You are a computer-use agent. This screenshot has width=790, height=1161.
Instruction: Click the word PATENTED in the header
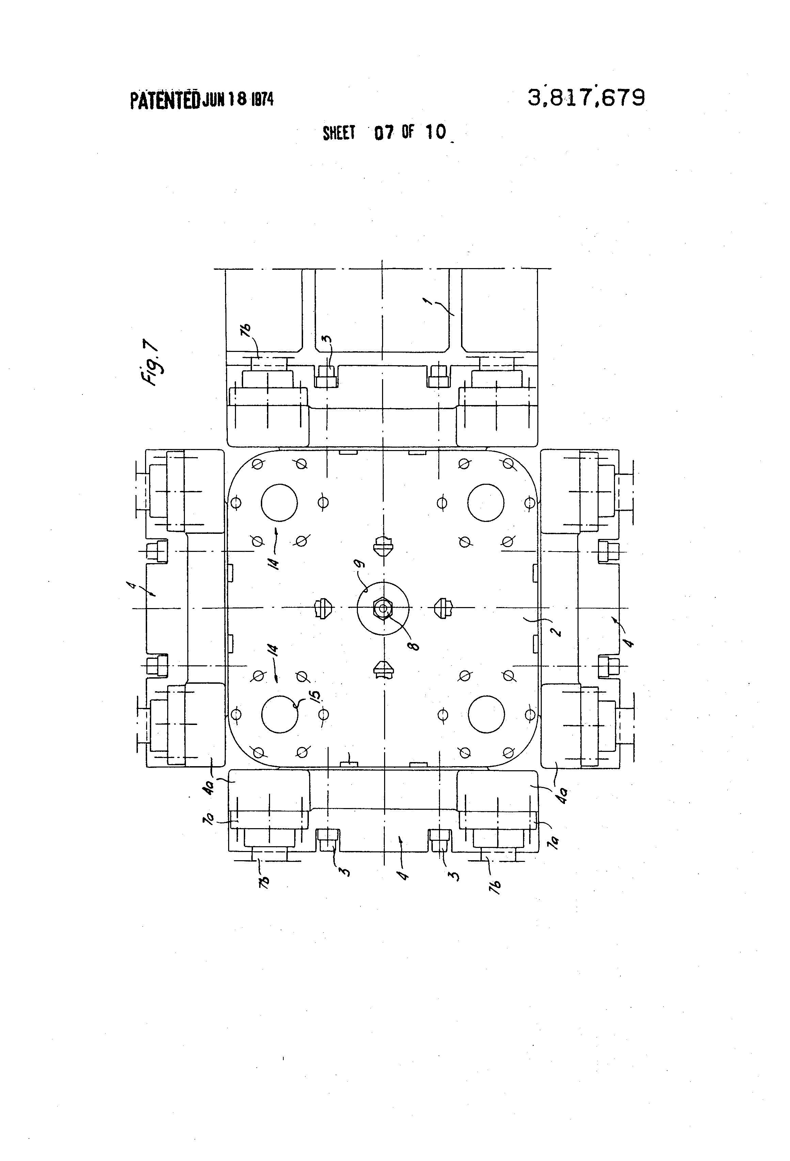click(165, 100)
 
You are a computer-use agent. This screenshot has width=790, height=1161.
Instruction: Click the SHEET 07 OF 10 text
click(384, 133)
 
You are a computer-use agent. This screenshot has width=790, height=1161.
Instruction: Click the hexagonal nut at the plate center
click(382, 608)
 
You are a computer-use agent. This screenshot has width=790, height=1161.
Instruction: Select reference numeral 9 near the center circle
click(361, 564)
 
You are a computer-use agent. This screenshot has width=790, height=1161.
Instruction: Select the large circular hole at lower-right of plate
click(486, 714)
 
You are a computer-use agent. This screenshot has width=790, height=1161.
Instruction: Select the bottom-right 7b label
click(496, 886)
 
